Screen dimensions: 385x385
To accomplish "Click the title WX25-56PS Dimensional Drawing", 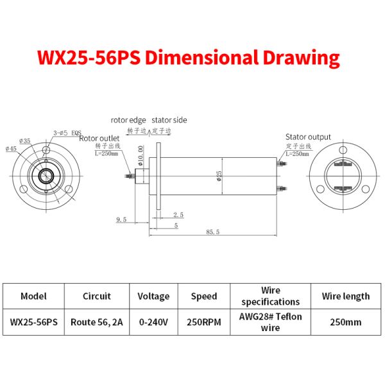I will [x=188, y=58].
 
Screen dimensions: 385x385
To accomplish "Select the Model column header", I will [x=33, y=296].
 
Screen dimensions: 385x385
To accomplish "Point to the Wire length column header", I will [x=346, y=296].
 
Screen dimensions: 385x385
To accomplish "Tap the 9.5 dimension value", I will [x=121, y=219].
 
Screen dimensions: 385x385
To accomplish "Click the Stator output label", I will [x=308, y=137].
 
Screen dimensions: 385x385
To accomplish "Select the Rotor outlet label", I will [x=99, y=137].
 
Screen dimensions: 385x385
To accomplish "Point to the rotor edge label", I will [x=128, y=120].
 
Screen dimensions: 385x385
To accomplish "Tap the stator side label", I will [x=169, y=120].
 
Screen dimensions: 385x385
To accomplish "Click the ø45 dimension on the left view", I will [x=11, y=149].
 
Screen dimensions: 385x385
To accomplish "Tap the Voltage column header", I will [x=153, y=296].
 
